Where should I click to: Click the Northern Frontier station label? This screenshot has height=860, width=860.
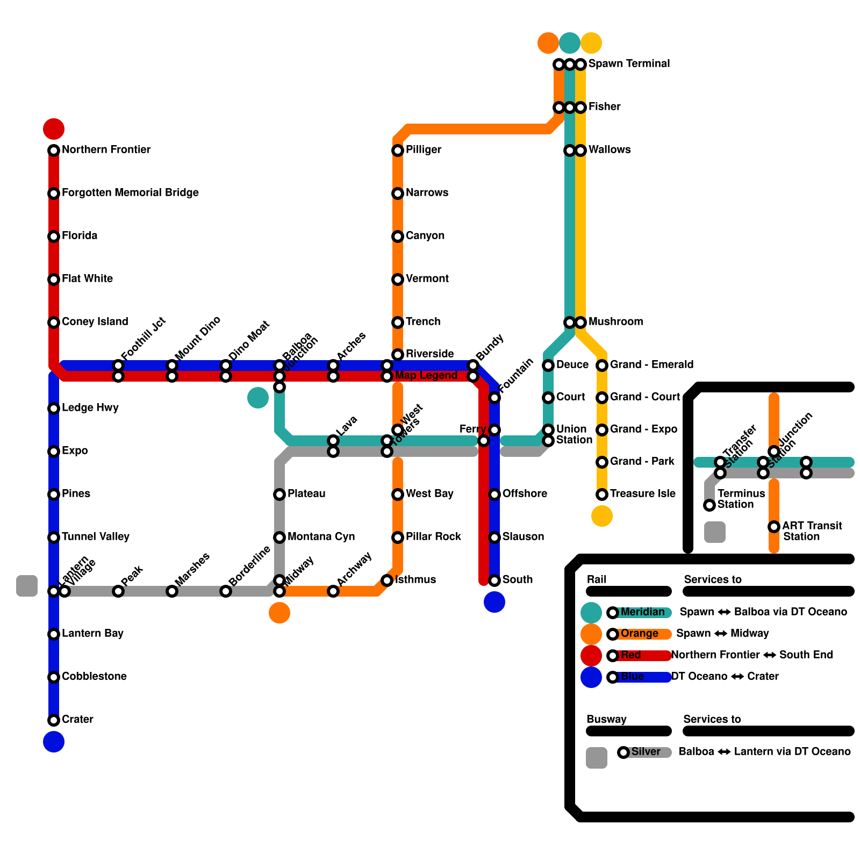(x=106, y=149)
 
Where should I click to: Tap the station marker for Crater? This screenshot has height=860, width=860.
(x=54, y=720)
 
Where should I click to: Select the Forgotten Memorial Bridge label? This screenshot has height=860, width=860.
(x=130, y=192)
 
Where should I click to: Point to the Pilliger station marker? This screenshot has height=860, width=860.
(x=398, y=150)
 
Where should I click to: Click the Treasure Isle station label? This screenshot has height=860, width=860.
(x=642, y=493)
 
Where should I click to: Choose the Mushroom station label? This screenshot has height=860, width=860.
(x=615, y=321)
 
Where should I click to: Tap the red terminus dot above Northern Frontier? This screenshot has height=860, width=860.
(x=54, y=129)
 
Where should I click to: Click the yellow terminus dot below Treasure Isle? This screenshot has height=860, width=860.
(x=602, y=516)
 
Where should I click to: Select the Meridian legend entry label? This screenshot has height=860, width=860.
(x=642, y=612)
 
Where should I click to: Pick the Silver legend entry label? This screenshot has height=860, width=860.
(x=646, y=751)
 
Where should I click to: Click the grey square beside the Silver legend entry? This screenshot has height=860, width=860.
(x=597, y=758)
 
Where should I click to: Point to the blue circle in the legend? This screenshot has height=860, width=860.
(x=591, y=677)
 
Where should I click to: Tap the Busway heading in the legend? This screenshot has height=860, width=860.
(x=606, y=719)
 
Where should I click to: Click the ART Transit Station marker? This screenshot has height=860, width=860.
(x=774, y=527)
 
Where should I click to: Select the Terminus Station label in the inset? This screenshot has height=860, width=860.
(x=741, y=499)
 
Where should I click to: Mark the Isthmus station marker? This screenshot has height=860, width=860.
(x=387, y=580)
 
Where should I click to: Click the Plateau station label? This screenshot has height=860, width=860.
(x=306, y=493)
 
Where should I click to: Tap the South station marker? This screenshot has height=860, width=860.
(x=494, y=580)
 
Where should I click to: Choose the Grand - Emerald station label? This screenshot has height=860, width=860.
(x=651, y=364)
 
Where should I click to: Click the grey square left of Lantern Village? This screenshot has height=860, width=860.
(x=27, y=586)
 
